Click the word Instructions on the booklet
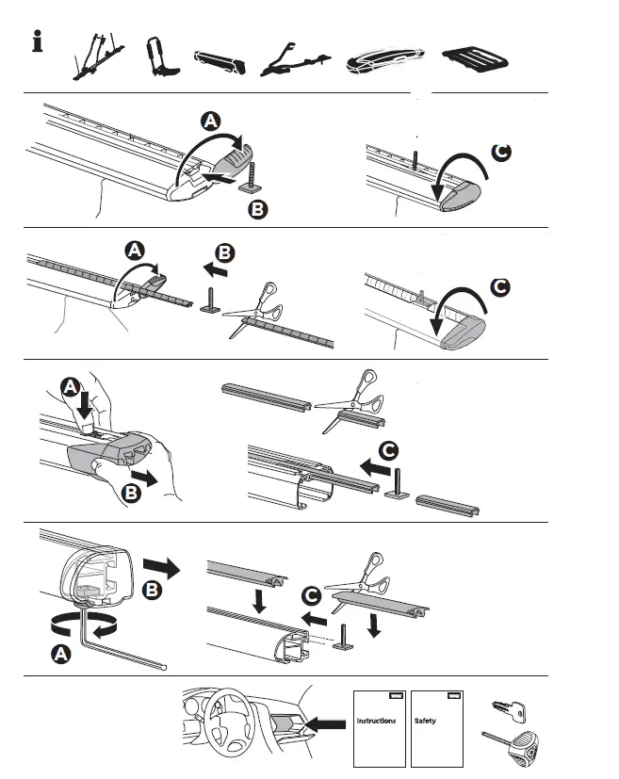376,721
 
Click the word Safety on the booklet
425,721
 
